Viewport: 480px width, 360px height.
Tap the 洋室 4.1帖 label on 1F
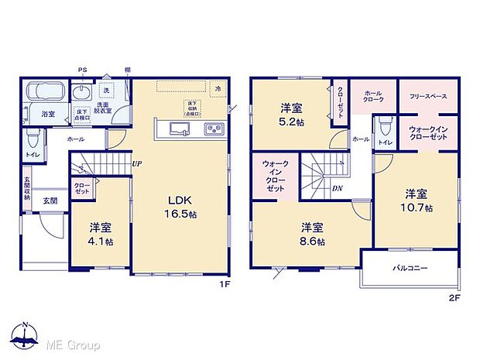tap(100, 234)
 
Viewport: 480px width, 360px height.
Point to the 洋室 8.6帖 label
tap(312, 234)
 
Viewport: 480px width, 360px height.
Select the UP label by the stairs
tap(136, 163)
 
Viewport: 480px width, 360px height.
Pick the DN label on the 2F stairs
tap(338, 188)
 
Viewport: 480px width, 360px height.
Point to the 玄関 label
tap(50, 201)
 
